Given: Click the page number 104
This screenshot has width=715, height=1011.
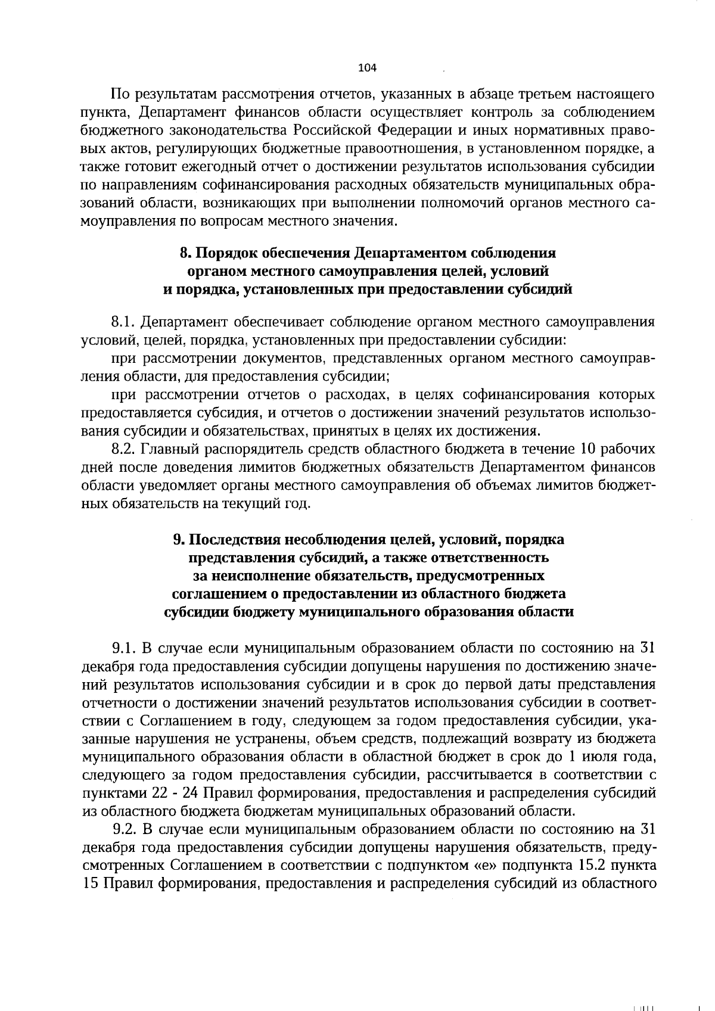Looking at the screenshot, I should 367,69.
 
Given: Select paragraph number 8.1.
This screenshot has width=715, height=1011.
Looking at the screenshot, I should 125,322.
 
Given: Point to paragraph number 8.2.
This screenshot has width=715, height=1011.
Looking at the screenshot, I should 125,449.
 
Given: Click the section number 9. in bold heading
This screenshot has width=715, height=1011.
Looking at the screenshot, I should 178,540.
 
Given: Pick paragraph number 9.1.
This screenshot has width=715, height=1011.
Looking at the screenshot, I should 125,648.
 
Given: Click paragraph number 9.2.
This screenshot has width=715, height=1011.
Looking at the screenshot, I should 125,829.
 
